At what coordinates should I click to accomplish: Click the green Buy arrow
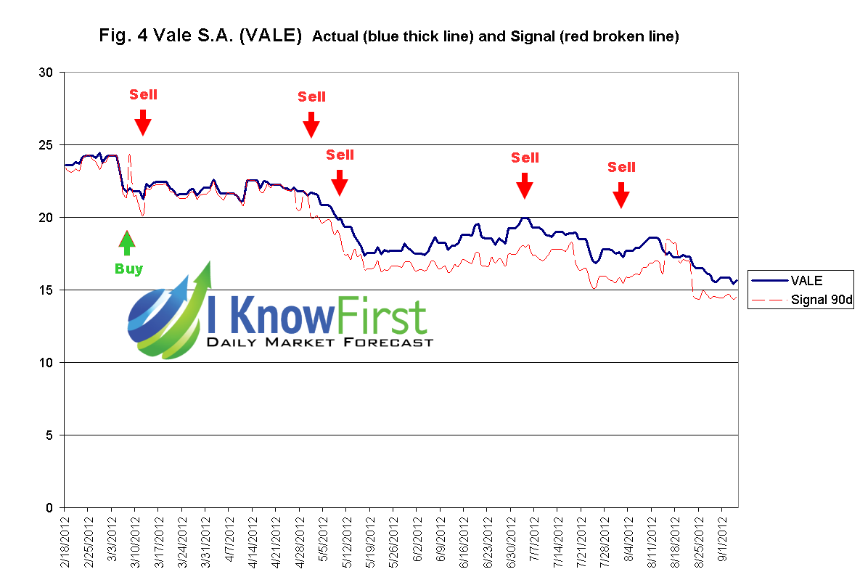tap(128, 243)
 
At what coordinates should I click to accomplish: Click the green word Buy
tap(128, 269)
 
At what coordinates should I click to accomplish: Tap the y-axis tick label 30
tap(46, 73)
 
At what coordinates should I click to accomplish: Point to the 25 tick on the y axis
tap(46, 145)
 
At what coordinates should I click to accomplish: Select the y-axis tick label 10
tap(46, 363)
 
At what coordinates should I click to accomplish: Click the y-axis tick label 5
tap(49, 435)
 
